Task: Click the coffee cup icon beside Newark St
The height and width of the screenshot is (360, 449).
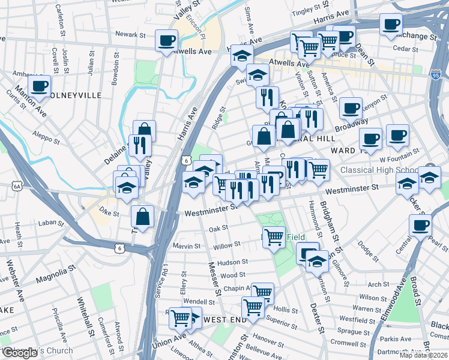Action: pyautogui.click(x=166, y=41)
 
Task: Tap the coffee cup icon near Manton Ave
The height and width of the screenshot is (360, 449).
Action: pyautogui.click(x=39, y=86)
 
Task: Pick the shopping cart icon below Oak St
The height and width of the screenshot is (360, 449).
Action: pyautogui.click(x=274, y=236)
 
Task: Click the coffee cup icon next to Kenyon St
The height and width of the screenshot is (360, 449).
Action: pyautogui.click(x=351, y=109)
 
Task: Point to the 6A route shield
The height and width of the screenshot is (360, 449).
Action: pyautogui.click(x=17, y=187)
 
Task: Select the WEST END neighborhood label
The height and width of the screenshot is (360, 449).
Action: pyautogui.click(x=225, y=320)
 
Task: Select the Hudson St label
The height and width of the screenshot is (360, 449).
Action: pyautogui.click(x=232, y=262)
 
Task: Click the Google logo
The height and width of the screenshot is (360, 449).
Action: pyautogui.click(x=20, y=353)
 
